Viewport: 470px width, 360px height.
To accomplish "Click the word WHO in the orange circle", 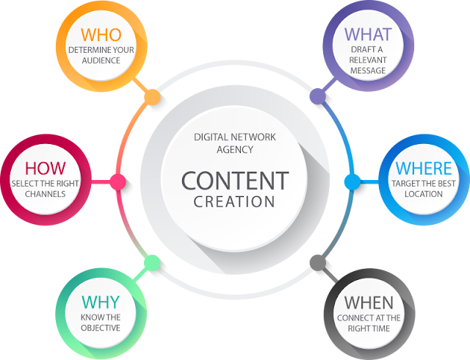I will [101, 34].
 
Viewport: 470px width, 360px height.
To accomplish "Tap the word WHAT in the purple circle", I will [369, 34].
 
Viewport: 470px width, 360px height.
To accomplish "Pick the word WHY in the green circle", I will [101, 302].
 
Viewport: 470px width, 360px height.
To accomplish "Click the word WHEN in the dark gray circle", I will [369, 302].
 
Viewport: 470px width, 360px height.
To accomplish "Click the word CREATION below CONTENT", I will [234, 201].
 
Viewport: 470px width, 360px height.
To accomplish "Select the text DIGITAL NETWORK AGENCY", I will [234, 143].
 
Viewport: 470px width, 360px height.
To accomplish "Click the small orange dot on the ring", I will [152, 96].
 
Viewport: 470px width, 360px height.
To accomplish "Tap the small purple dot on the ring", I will [317, 96].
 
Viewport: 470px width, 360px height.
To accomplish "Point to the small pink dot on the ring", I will [116, 180].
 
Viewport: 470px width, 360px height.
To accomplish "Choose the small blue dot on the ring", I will [352, 180].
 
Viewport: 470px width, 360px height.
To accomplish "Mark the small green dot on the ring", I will [152, 262].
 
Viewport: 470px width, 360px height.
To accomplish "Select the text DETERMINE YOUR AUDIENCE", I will [101, 55].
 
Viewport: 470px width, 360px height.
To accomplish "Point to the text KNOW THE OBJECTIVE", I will [101, 323].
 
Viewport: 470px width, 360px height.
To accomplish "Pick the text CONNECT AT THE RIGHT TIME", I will [369, 323].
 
